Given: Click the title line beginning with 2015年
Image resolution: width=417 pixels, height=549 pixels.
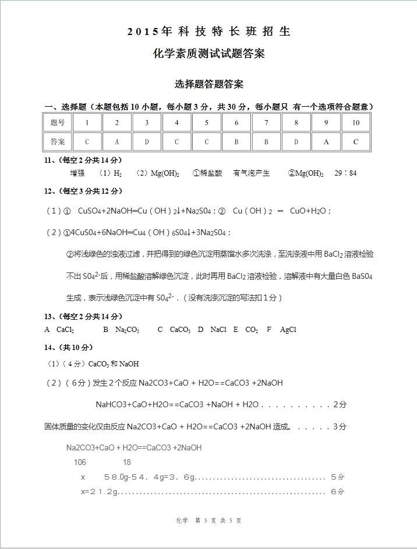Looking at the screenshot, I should tap(208, 32).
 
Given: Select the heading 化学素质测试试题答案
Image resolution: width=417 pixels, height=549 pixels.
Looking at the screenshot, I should tap(208, 54).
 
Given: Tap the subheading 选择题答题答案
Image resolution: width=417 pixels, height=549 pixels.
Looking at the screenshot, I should tap(208, 84).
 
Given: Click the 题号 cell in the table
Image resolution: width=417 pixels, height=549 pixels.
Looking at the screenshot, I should tap(58, 123).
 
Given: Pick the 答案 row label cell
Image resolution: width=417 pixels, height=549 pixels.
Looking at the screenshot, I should tap(58, 142).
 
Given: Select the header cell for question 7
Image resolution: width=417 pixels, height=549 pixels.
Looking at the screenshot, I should tap(266, 123).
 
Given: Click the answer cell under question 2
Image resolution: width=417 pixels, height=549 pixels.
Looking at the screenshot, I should tap(117, 142).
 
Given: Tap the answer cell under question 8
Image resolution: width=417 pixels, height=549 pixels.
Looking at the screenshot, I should tap(296, 142).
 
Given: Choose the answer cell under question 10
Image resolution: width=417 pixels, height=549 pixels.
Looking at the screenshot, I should tap(355, 142).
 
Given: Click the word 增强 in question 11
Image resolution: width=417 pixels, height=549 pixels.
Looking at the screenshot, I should tap(77, 173).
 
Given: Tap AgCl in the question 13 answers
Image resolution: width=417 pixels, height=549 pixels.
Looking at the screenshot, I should tap(288, 330).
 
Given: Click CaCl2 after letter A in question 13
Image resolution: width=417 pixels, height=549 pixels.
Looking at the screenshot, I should tap(65, 330).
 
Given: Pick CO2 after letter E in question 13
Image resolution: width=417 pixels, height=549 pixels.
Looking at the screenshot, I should tap(252, 330).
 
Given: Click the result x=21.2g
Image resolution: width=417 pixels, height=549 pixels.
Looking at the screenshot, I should tap(99, 492).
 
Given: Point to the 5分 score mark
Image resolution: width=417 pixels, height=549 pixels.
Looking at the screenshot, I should tap(337, 477).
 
